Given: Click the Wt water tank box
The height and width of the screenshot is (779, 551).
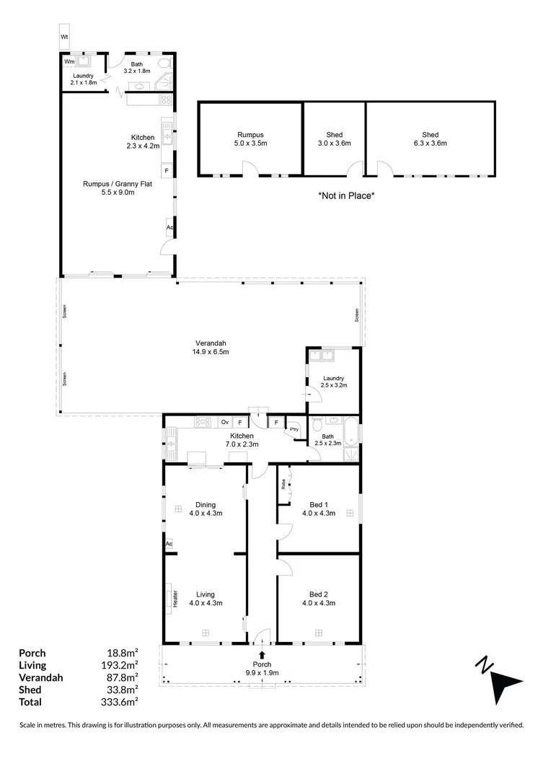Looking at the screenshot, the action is pos(65,37).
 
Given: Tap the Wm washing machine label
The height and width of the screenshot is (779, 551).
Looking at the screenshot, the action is pos(69,61).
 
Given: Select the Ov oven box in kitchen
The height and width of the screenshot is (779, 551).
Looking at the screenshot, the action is pos(225,422).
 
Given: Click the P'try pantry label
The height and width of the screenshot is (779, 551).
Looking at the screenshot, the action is pos(294,429).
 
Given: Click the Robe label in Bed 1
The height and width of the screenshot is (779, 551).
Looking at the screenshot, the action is pos(283,484).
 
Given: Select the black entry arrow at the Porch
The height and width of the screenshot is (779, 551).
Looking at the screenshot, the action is pos(262,655).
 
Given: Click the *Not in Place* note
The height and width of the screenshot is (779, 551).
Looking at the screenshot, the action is pos(346,195).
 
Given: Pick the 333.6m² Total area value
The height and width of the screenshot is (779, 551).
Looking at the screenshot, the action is pos(120,702).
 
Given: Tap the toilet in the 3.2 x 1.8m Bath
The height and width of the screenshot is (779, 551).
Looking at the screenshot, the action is pos(165,63).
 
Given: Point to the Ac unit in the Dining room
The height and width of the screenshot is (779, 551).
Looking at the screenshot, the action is pos(169,544).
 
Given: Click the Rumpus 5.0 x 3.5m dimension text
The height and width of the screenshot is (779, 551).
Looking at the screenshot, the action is pos(250,143).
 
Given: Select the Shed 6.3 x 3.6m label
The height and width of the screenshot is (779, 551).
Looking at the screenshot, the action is pos(431,138).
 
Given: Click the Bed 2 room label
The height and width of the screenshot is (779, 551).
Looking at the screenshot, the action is pos(319,594).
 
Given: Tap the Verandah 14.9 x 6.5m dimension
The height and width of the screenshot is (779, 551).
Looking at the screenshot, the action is pos(211,352).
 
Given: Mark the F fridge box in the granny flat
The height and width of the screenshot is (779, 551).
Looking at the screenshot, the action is pos(167,171).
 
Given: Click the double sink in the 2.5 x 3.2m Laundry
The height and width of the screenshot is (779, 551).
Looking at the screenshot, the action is pos(322,356).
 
